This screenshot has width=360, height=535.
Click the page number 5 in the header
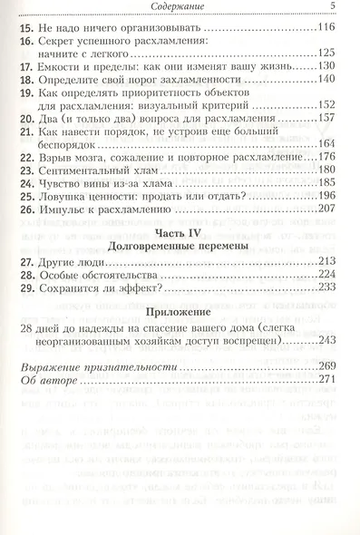[x=333, y=8]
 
